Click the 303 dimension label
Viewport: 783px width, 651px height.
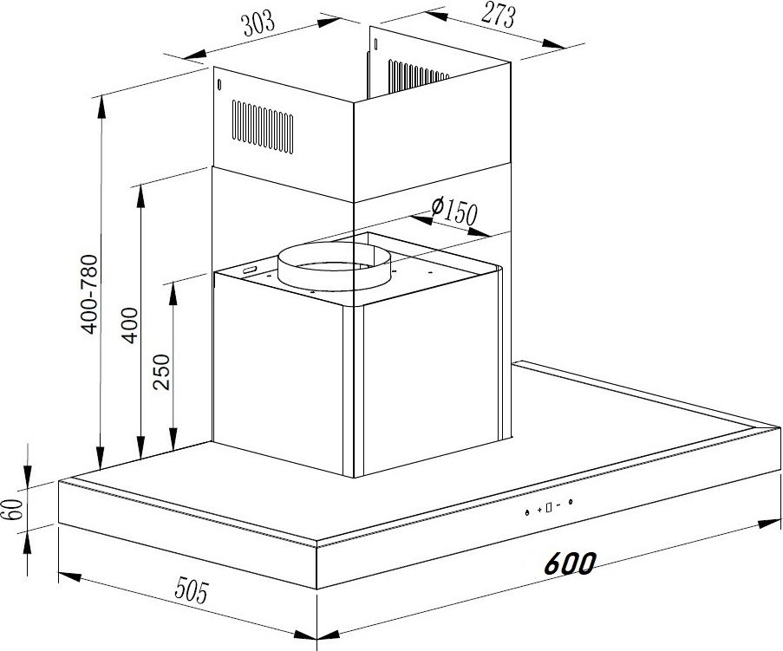(x=258, y=23)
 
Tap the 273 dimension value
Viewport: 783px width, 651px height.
(x=498, y=16)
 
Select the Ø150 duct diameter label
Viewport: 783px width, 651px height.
(x=454, y=211)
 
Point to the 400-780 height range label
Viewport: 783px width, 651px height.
(x=90, y=294)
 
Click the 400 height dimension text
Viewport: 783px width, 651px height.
(x=130, y=325)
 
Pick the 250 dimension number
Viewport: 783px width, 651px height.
(x=162, y=372)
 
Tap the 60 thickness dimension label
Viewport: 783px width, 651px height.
(x=15, y=509)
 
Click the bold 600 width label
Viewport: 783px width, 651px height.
(x=570, y=563)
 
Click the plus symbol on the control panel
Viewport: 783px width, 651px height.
(x=539, y=510)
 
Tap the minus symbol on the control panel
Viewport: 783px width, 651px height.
(x=558, y=505)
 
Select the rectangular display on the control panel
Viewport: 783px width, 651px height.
(x=549, y=508)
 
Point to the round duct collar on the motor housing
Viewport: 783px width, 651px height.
(x=335, y=267)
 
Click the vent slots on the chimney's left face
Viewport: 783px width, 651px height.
(x=263, y=127)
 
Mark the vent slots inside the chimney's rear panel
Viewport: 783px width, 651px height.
(x=419, y=76)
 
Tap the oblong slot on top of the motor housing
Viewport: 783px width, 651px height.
(x=249, y=270)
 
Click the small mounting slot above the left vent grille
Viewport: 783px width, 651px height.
(x=219, y=85)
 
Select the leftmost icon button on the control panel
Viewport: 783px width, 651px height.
(x=527, y=512)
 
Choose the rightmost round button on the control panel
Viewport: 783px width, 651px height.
(x=571, y=502)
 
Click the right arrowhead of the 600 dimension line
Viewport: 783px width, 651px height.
(x=769, y=524)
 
